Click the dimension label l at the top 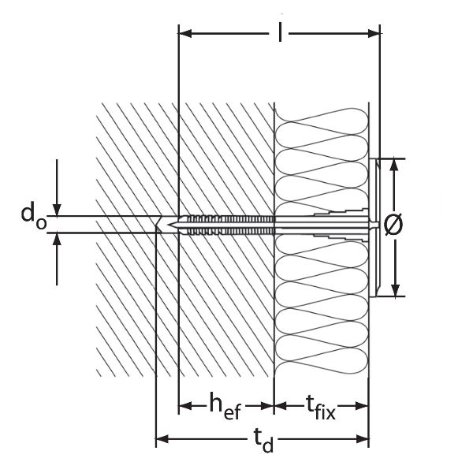point(280,32)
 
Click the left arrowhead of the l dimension point(186,33)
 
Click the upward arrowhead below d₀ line point(58,240)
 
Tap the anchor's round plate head point(374,226)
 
